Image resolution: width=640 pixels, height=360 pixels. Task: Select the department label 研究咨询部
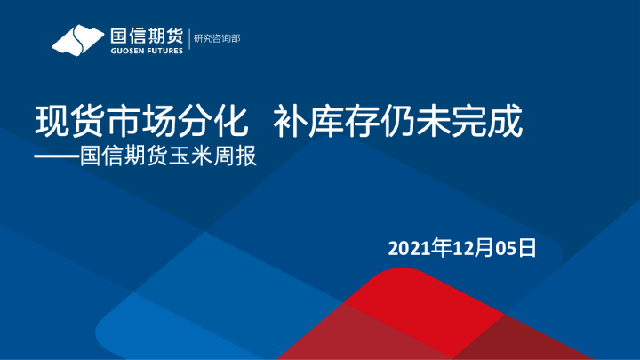point(218,39)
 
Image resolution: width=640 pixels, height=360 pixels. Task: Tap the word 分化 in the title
point(194,121)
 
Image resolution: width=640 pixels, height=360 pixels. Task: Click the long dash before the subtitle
point(55,156)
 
